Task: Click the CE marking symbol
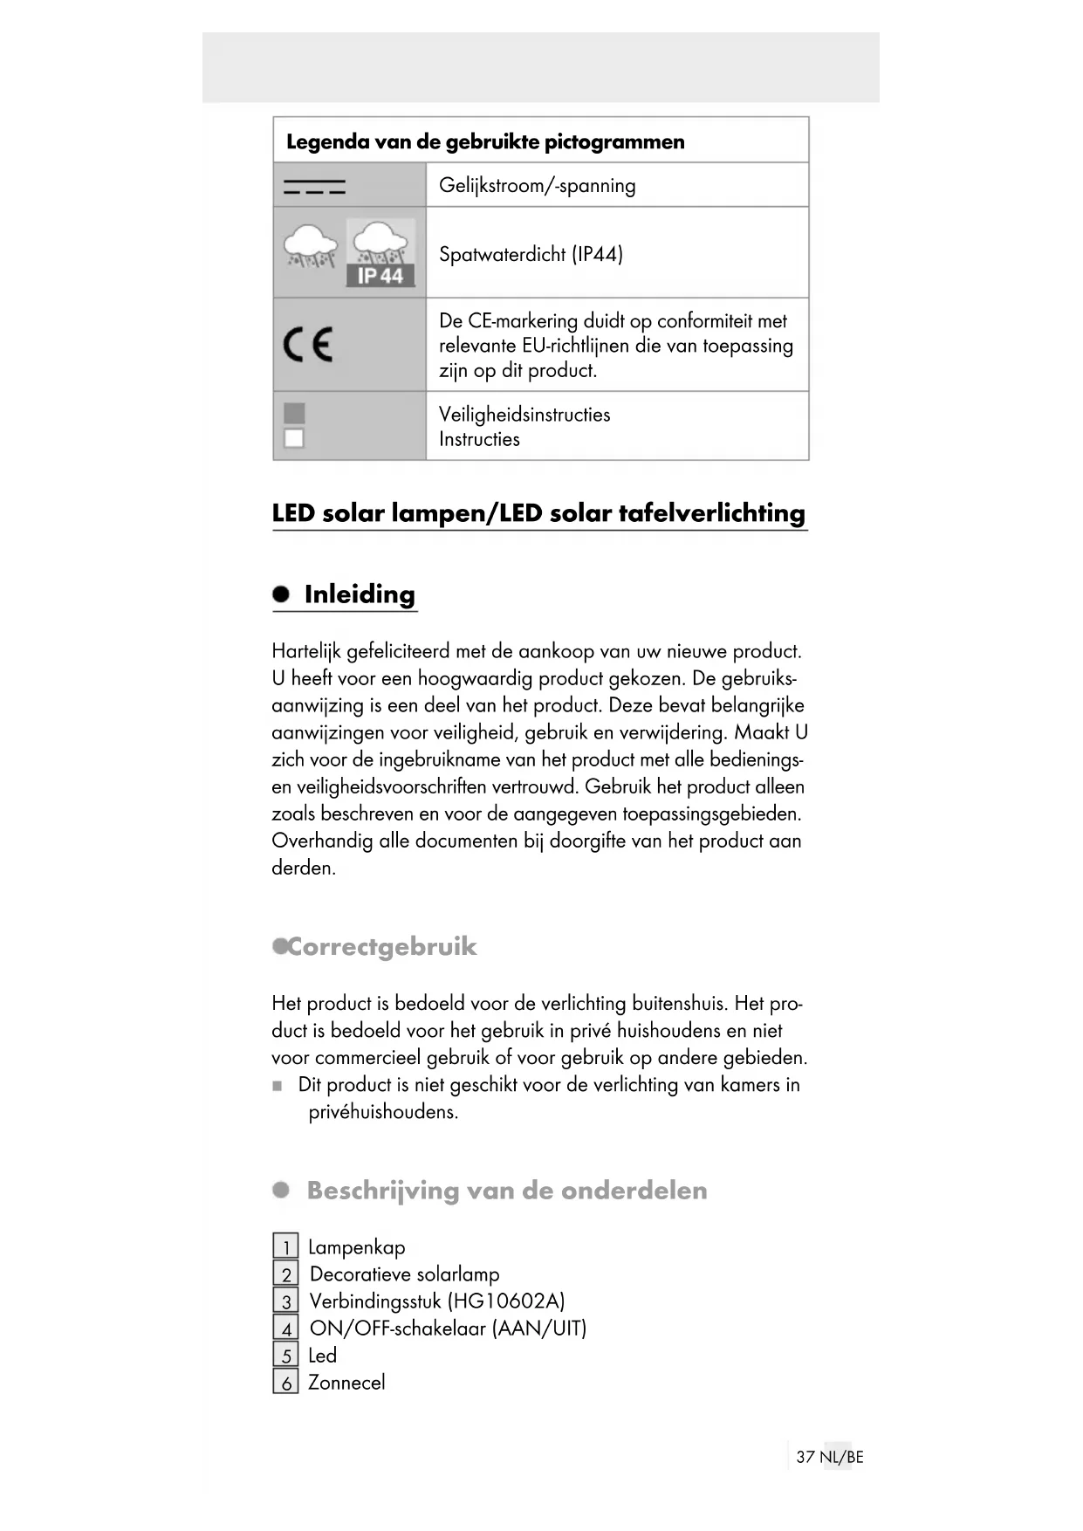tap(308, 345)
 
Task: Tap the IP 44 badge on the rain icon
tap(380, 276)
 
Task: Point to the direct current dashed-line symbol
tap(314, 186)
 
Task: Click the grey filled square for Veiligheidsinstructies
tap(295, 413)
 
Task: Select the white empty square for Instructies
tap(295, 438)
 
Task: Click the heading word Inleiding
tap(360, 594)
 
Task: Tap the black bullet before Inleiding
tap(281, 594)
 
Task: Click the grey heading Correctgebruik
tap(382, 947)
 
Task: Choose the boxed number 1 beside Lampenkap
tap(285, 1247)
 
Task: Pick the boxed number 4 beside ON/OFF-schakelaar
tap(285, 1328)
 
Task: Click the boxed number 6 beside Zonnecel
tap(285, 1383)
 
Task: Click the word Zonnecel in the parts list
tap(346, 1383)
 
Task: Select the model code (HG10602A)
tap(506, 1301)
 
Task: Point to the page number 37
tap(805, 1457)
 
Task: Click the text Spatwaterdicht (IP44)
tap(531, 255)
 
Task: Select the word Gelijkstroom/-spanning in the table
tap(537, 186)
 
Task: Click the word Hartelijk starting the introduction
tap(306, 652)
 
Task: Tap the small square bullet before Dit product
tap(278, 1086)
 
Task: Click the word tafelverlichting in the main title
tap(711, 513)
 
